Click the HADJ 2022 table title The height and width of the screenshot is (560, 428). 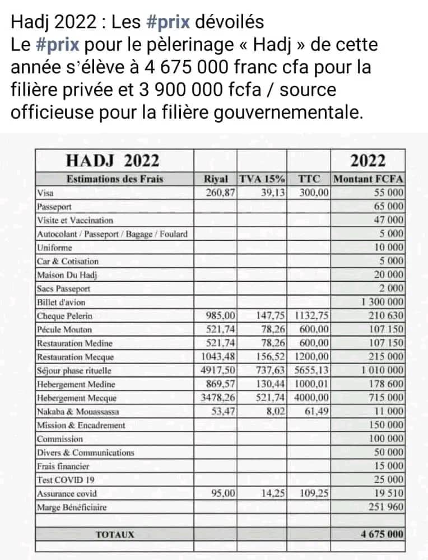[x=113, y=161]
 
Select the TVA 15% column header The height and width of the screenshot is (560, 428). [x=262, y=179]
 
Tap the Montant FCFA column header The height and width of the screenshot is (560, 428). [x=368, y=179]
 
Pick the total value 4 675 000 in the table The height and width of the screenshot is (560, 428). [x=382, y=534]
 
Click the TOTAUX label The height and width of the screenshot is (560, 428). [x=115, y=534]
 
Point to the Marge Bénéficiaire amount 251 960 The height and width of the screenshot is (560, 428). [x=387, y=507]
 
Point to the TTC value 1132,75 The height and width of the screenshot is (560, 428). [x=310, y=316]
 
